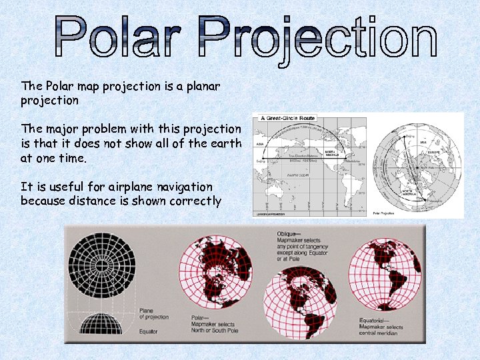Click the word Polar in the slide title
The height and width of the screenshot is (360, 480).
(x=116, y=38)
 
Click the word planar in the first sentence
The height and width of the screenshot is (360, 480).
(x=200, y=87)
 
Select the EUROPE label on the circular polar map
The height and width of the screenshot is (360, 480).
(x=430, y=151)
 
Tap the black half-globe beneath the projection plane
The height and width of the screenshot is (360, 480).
(x=101, y=324)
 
